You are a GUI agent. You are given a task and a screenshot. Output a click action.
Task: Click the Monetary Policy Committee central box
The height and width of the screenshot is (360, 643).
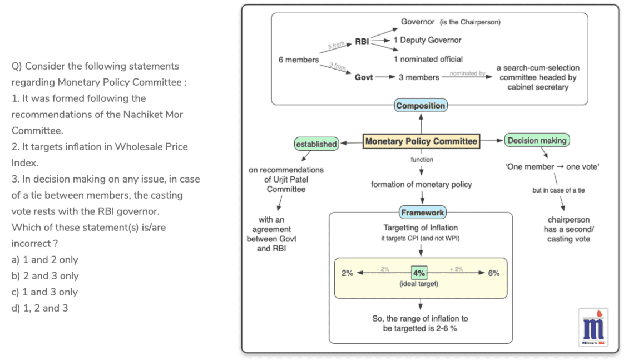point(421,141)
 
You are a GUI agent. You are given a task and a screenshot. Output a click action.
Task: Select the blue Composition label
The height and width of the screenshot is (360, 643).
point(421,106)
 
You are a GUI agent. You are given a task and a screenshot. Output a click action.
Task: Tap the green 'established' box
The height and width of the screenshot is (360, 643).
point(316,144)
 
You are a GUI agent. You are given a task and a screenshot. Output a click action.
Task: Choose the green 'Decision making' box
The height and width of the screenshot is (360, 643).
point(537,141)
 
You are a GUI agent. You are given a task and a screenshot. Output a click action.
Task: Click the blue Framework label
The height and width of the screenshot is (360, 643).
point(422,213)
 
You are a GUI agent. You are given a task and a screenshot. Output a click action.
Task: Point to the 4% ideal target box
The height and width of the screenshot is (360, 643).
point(419,273)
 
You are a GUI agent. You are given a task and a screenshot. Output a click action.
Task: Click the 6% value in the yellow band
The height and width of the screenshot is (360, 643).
point(493,273)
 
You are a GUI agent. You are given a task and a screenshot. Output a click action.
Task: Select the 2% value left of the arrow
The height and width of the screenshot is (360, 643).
point(347,273)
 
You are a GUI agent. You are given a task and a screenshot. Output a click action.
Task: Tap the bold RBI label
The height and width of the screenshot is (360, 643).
point(362,41)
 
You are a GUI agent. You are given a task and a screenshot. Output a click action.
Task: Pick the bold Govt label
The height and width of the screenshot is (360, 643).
point(364,77)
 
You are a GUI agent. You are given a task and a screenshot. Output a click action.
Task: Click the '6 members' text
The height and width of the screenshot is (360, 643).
point(299,60)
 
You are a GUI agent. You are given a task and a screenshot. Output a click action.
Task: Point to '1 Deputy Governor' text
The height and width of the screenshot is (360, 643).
point(427,40)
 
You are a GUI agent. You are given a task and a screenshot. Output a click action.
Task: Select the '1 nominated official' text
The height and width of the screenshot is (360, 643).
point(428,59)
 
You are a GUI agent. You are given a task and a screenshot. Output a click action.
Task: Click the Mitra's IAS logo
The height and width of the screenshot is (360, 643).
point(593,327)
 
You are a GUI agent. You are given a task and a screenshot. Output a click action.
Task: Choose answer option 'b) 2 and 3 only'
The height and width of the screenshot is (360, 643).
point(45,276)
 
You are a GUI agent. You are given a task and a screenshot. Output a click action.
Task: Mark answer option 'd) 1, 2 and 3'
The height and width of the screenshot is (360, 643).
point(39,308)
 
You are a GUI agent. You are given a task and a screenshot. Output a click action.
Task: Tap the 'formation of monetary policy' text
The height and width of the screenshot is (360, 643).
point(421,184)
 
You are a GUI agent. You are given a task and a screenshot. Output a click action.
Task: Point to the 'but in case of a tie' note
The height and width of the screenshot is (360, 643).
point(558,190)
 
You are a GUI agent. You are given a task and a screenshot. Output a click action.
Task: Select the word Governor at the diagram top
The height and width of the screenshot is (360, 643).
point(418,22)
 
